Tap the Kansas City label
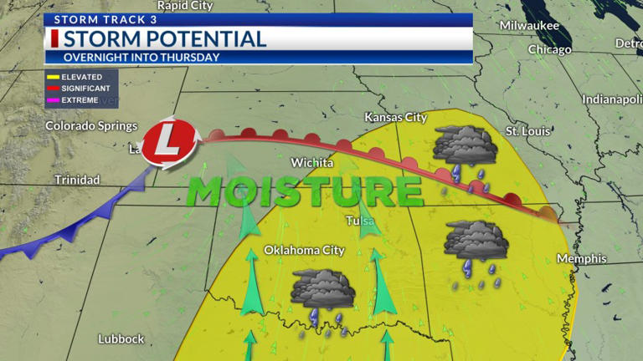point(395,118)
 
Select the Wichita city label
point(311,163)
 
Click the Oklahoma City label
point(304,250)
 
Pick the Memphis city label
point(581,259)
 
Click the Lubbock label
point(121,339)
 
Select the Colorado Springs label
point(91,126)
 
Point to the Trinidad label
point(77,180)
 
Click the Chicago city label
point(549,50)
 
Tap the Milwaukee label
point(528,26)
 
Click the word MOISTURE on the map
point(304,191)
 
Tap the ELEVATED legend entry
point(81,77)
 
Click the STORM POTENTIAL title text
point(165,38)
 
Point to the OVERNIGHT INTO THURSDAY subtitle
point(141,58)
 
